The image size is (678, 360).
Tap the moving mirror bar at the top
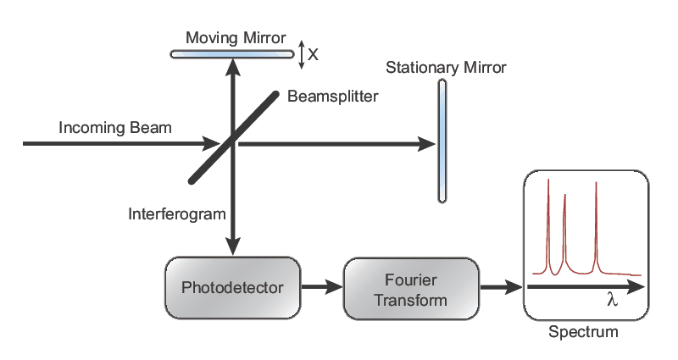coord(230,54)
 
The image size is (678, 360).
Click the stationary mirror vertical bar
coord(441,141)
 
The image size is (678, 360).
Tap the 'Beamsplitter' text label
coord(332,97)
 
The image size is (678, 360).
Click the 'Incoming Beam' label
coord(115,128)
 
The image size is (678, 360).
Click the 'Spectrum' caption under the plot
coord(583,331)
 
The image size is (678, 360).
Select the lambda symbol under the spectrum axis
coord(611,302)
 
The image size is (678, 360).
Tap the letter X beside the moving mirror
coord(314,54)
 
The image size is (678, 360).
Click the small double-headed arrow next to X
coord(300,54)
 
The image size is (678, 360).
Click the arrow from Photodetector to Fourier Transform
coord(320,286)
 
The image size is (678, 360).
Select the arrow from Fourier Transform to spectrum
coord(499,287)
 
